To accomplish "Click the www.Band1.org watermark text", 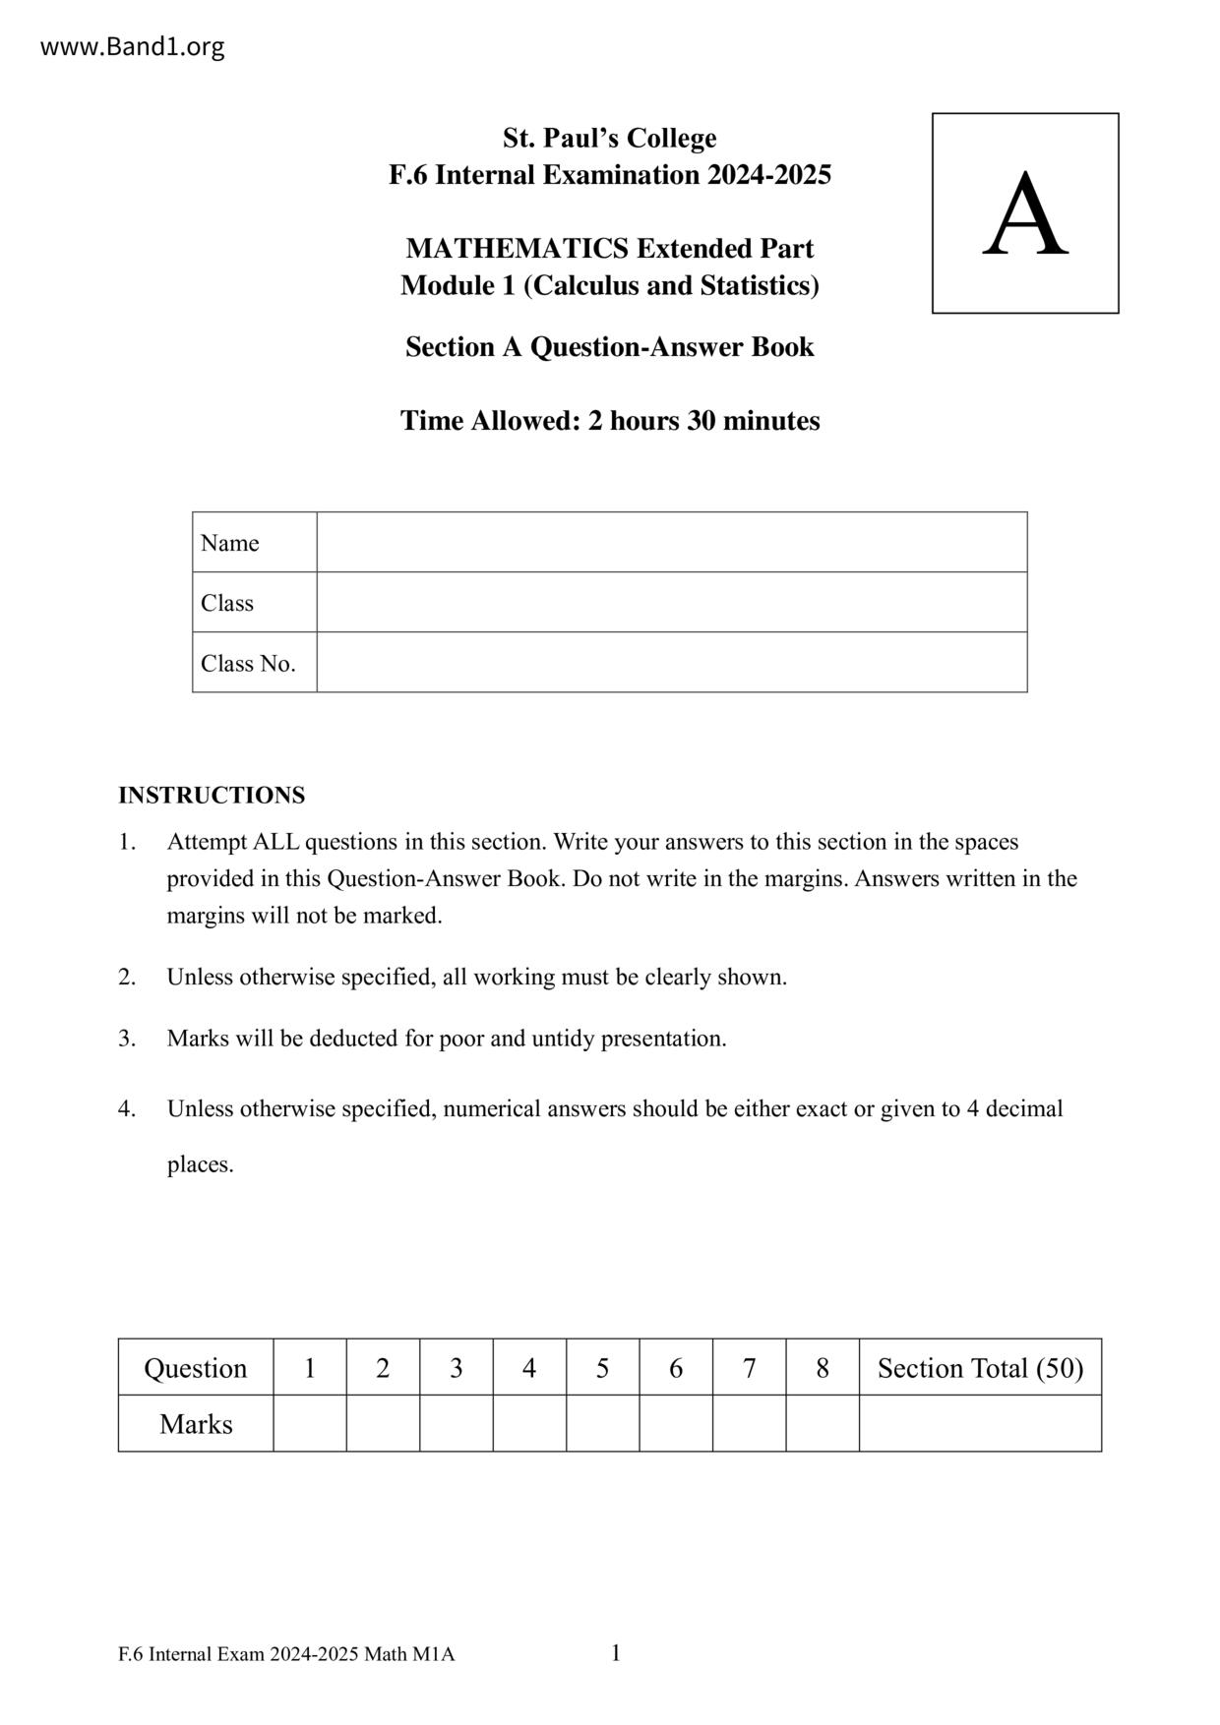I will coord(132,46).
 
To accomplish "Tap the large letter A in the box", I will coord(1024,214).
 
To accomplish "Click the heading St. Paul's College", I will coord(609,138).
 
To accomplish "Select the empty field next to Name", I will coord(671,542).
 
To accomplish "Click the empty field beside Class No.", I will coord(671,663).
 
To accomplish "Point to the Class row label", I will coord(227,603).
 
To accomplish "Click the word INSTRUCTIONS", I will coord(212,795).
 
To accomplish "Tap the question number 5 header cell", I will coord(602,1368).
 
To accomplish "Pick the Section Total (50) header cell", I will coord(980,1368).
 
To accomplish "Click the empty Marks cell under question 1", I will coord(309,1424).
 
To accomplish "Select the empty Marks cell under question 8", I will coord(823,1424).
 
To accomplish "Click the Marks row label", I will coord(196,1424).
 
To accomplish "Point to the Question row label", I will coord(195,1368).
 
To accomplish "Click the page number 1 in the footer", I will coord(616,1653).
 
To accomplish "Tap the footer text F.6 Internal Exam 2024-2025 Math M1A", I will coord(286,1655).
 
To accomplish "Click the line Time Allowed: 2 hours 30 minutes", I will coord(609,421).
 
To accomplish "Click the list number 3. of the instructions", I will coord(127,1039).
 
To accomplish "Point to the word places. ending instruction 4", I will coord(200,1165).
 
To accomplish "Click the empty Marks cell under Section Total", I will coord(980,1424).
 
